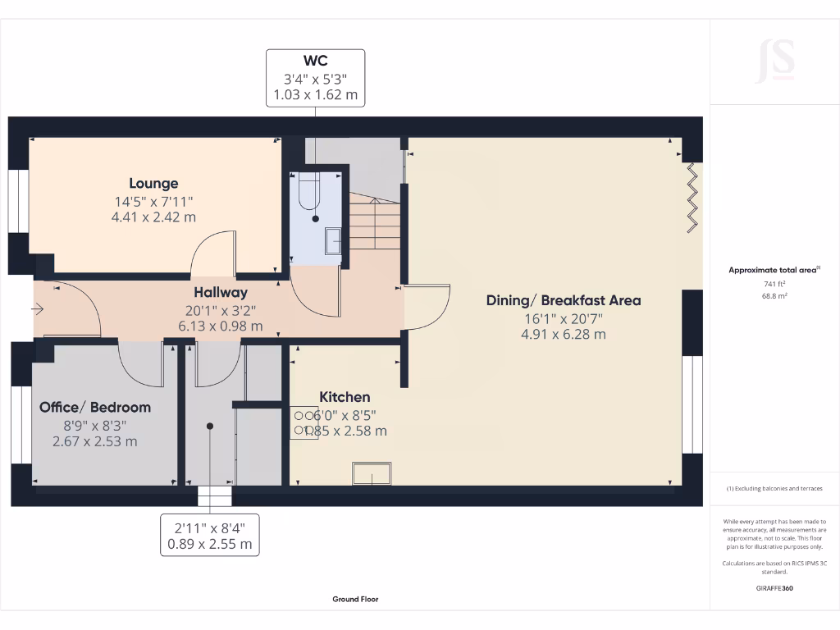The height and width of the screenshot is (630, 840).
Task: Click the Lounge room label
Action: (x=153, y=184)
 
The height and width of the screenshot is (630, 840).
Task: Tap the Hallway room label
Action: (x=221, y=292)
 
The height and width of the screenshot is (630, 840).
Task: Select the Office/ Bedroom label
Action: (x=95, y=408)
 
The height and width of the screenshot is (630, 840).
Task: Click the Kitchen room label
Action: (x=345, y=397)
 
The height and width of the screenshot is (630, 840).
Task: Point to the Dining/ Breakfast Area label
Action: (x=564, y=300)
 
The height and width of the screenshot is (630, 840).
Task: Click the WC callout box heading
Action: (x=315, y=62)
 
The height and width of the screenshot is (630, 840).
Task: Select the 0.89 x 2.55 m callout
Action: (x=210, y=544)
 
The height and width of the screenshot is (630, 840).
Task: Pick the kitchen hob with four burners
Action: (x=304, y=422)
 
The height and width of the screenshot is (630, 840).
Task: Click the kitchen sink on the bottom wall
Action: (x=371, y=473)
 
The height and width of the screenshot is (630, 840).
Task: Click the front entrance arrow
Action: (x=38, y=309)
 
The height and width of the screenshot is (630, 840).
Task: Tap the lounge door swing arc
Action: (x=212, y=253)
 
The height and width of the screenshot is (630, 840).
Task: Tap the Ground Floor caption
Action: (x=355, y=600)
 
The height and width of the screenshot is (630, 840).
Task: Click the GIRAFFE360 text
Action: (x=774, y=588)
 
